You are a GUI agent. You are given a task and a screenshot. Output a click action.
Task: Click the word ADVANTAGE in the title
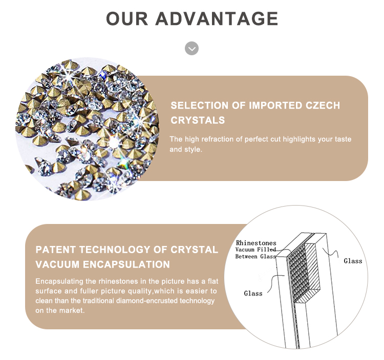tap(217, 18)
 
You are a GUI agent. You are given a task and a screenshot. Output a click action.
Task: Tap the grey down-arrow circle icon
tap(192, 49)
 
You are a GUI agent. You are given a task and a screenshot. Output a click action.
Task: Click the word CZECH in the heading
tap(323, 105)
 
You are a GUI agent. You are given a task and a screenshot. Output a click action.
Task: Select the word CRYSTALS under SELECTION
tap(198, 120)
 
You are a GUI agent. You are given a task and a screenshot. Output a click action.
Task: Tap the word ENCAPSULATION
tap(126, 264)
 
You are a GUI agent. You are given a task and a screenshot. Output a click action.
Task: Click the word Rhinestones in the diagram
tap(256, 243)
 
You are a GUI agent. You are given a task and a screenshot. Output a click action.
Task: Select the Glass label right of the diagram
tap(353, 261)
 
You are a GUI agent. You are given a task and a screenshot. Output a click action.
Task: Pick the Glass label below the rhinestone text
tap(253, 293)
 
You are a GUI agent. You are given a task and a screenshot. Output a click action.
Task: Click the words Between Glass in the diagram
tap(255, 257)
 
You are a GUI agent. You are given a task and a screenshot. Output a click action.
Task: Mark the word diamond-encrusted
tap(146, 301)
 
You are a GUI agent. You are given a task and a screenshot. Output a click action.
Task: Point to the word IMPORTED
tap(275, 105)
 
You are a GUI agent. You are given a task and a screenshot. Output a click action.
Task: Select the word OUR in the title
tap(127, 18)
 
